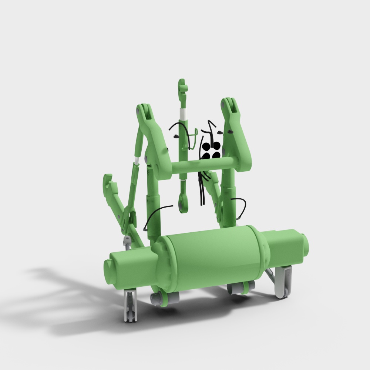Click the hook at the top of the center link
[x=182, y=87]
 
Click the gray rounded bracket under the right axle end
[x=284, y=283]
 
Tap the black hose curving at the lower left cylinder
[x=155, y=215]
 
